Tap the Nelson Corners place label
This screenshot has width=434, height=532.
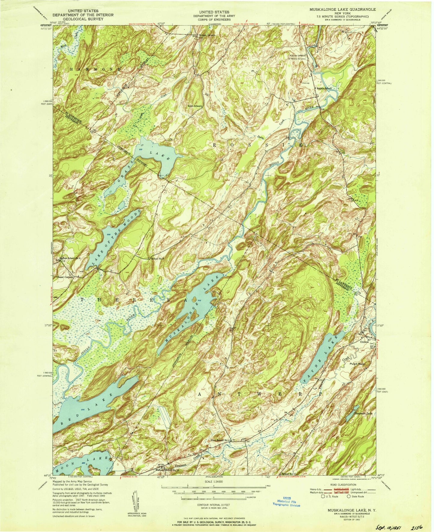click(208, 35)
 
